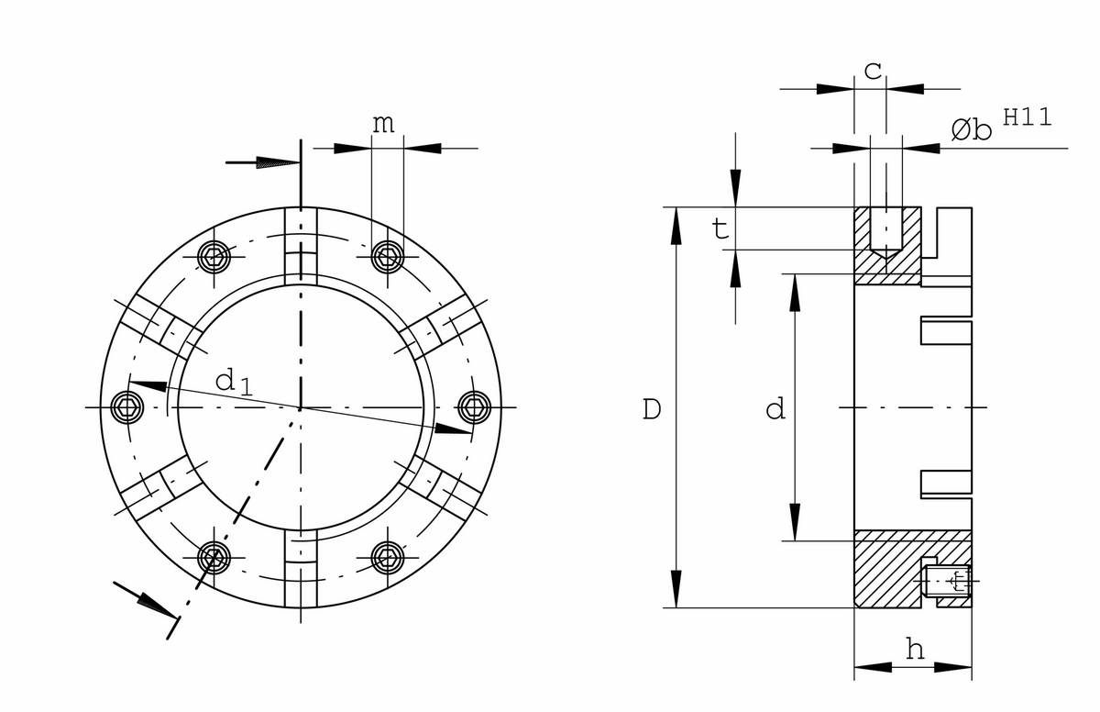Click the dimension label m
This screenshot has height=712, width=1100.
click(383, 124)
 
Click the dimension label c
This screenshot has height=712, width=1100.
click(873, 72)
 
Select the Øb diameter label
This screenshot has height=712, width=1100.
click(972, 130)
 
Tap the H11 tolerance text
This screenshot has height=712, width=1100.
click(1028, 117)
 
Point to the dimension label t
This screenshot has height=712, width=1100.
click(720, 228)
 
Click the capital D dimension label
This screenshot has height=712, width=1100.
click(652, 409)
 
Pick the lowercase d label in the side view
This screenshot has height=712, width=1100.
click(775, 409)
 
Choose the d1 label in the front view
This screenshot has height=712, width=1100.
click(234, 383)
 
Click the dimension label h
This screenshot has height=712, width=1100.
click(915, 649)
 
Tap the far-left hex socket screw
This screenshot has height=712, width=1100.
click(127, 407)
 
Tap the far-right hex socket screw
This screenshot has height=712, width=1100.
click(475, 407)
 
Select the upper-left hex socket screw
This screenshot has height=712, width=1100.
click(214, 257)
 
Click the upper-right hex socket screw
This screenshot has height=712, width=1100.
click(388, 257)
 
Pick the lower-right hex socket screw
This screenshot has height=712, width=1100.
click(388, 558)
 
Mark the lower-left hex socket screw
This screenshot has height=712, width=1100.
click(214, 558)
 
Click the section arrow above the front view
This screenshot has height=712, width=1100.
click(263, 162)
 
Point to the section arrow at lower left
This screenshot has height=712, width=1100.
click(145, 600)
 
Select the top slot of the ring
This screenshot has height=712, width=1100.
click(301, 246)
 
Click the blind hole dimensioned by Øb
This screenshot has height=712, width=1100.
click(885, 233)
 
